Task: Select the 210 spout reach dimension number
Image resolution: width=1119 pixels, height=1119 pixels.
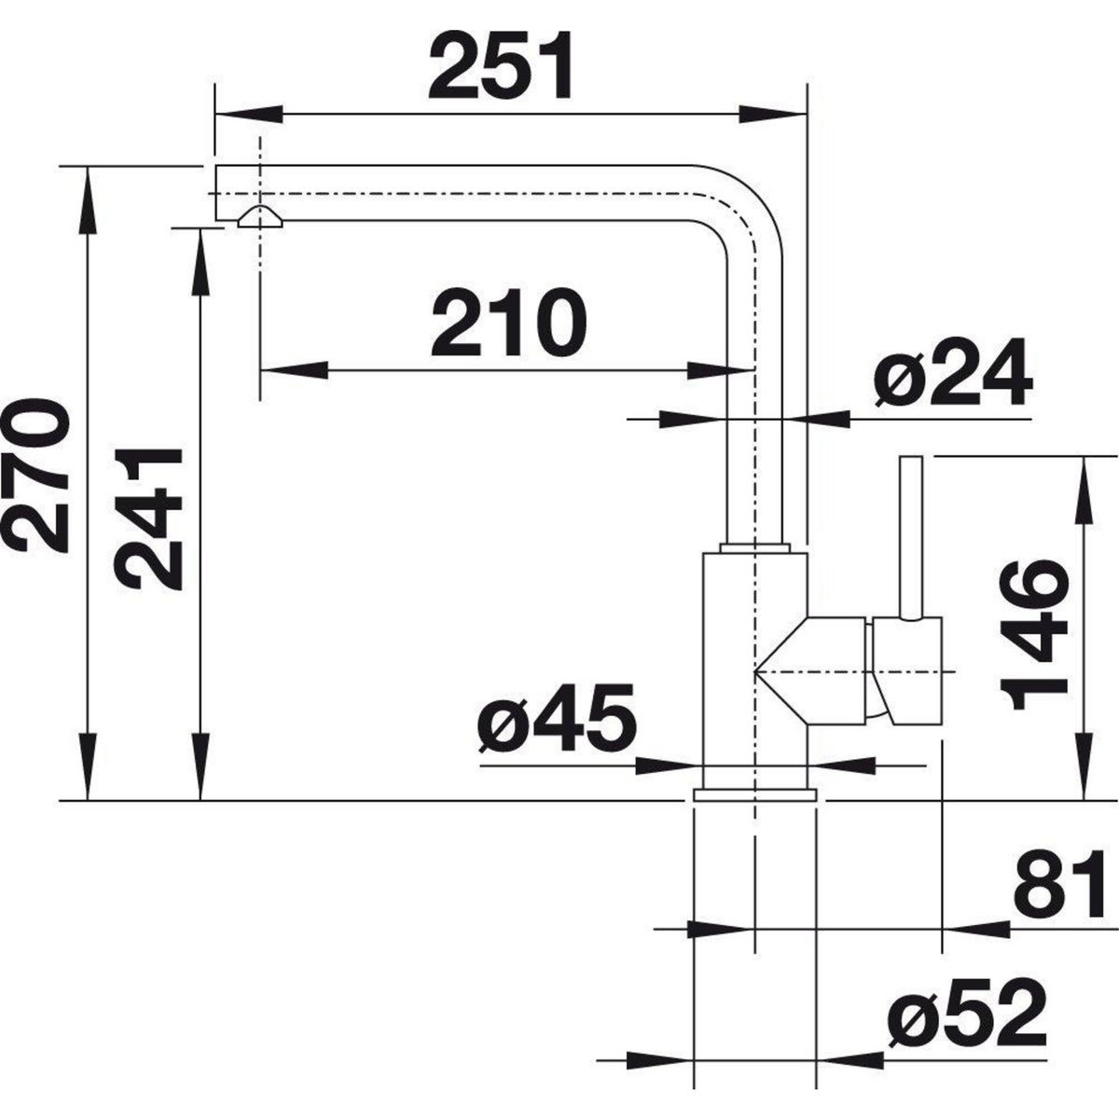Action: [509, 322]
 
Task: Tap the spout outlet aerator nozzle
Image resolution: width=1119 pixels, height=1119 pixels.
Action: [260, 218]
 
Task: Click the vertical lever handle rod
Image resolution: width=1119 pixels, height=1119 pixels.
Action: [910, 536]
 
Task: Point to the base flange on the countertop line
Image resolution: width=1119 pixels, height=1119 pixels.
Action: [754, 794]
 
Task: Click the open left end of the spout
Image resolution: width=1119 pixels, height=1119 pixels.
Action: [217, 193]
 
